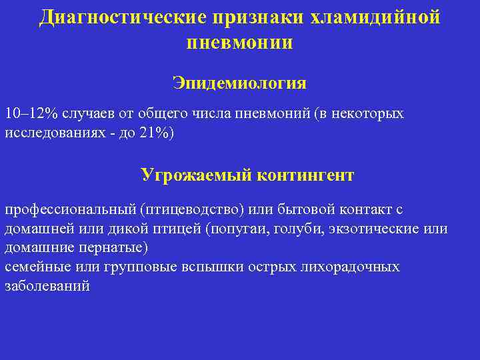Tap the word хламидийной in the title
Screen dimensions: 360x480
[375, 17]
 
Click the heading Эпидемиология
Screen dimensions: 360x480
[239, 83]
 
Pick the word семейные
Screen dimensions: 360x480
[35, 267]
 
